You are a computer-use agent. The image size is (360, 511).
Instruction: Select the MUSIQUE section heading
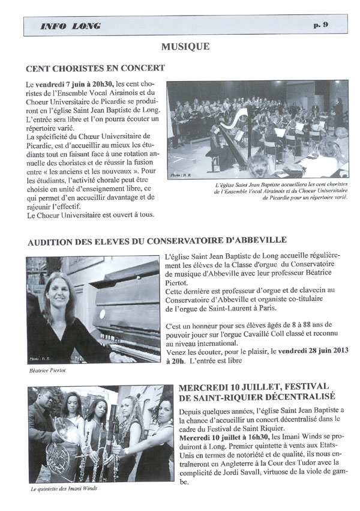click(x=185, y=46)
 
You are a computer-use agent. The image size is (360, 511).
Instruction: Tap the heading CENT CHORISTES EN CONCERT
click(x=95, y=68)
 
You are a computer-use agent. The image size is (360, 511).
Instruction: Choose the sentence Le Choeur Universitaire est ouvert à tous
click(x=86, y=215)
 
